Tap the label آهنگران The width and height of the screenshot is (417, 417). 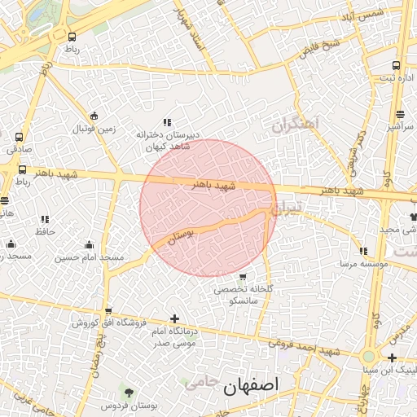pyautogui.click(x=298, y=125)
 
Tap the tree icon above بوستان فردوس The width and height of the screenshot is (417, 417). pyautogui.click(x=126, y=392)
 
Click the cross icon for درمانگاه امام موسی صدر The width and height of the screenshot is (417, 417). pyautogui.click(x=173, y=319)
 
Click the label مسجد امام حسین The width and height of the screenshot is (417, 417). pyautogui.click(x=90, y=258)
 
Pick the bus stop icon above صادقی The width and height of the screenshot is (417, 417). pyautogui.click(x=19, y=137)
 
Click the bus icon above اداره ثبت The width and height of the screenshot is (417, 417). pyautogui.click(x=396, y=65)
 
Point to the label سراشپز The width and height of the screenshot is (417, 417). pyautogui.click(x=400, y=127)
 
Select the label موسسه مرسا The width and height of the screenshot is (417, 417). pyautogui.click(x=363, y=264)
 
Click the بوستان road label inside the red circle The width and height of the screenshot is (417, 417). pyautogui.click(x=182, y=237)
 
